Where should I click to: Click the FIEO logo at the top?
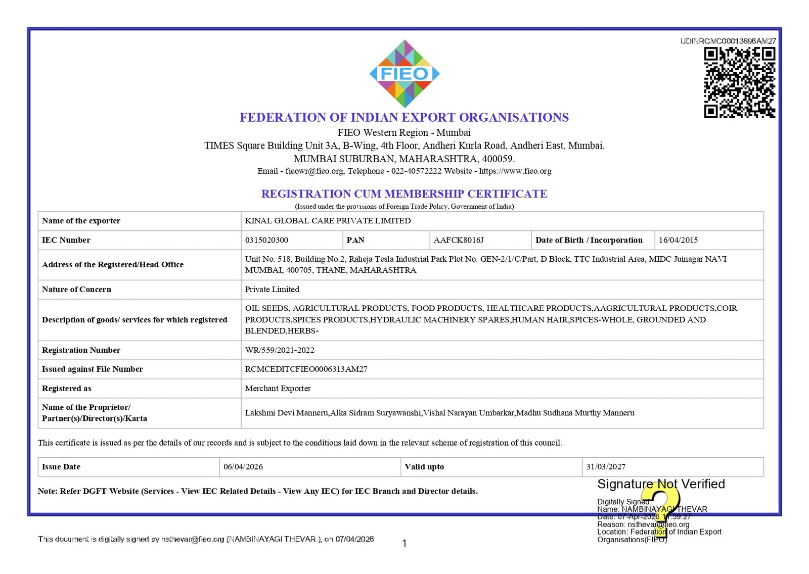click(x=404, y=74)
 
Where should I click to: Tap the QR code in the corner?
click(x=739, y=82)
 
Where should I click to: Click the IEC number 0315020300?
click(x=266, y=240)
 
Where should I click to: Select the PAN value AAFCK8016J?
click(x=459, y=240)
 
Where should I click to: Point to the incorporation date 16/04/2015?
click(x=678, y=240)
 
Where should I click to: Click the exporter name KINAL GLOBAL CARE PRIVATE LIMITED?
click(x=328, y=221)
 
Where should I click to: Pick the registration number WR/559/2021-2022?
click(x=280, y=350)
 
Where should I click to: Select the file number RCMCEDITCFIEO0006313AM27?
click(x=306, y=369)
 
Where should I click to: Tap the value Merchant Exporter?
click(x=278, y=389)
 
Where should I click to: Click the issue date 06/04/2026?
click(x=243, y=467)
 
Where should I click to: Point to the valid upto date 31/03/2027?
click(x=606, y=467)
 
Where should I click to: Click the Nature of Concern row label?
click(x=76, y=290)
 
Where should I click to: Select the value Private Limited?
click(x=272, y=290)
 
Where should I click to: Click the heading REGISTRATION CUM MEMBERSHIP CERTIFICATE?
click(x=404, y=194)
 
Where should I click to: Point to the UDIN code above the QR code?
click(x=728, y=41)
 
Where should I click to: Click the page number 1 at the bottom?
click(x=404, y=544)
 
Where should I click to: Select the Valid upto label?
click(x=424, y=467)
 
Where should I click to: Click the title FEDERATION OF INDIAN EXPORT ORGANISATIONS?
click(x=404, y=118)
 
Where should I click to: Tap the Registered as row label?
click(x=67, y=389)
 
